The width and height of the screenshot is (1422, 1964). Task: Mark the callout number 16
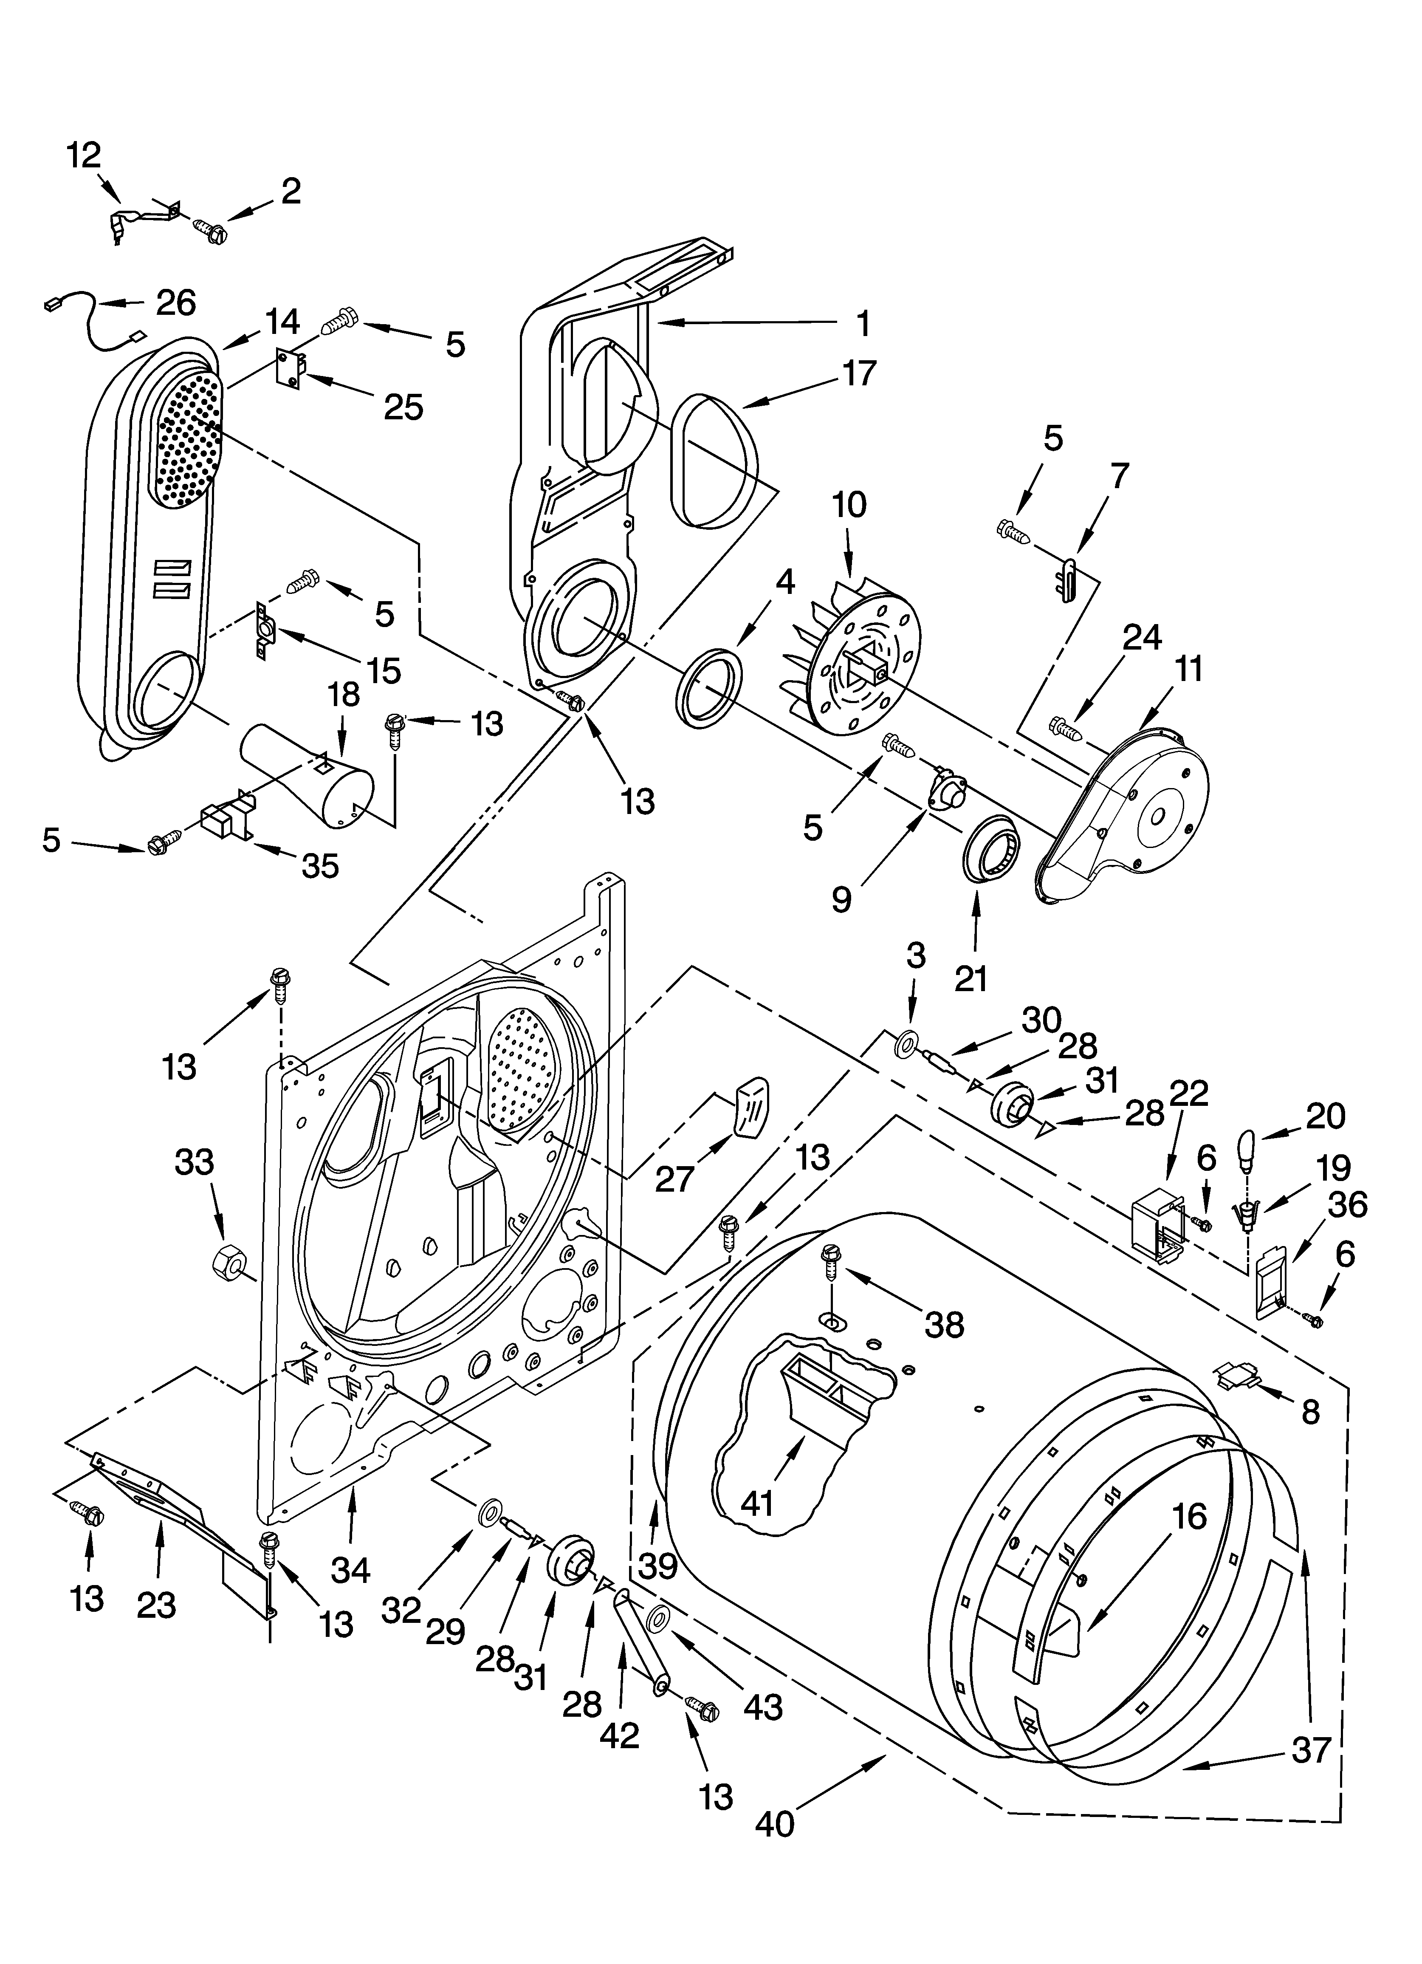point(1190,1516)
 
